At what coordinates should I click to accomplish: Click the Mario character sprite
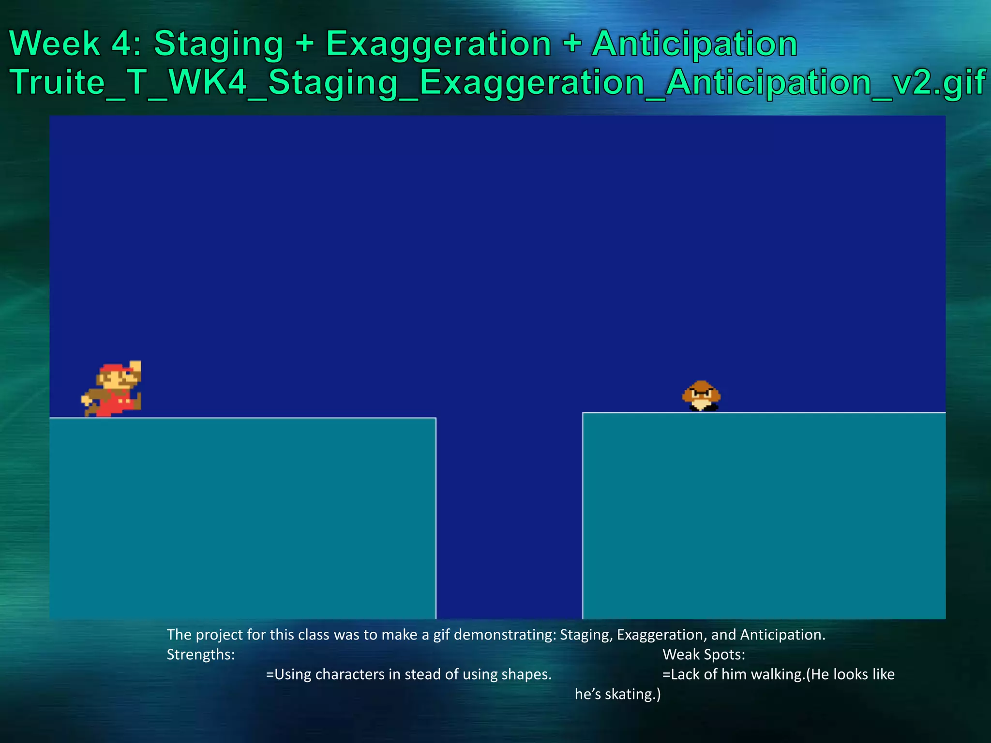(112, 389)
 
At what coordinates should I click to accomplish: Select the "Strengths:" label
(201, 654)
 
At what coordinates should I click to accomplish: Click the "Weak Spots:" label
(704, 654)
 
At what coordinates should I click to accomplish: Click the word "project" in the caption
(220, 635)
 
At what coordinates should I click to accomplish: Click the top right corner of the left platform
(435, 418)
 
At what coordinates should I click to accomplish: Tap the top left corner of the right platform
(583, 413)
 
